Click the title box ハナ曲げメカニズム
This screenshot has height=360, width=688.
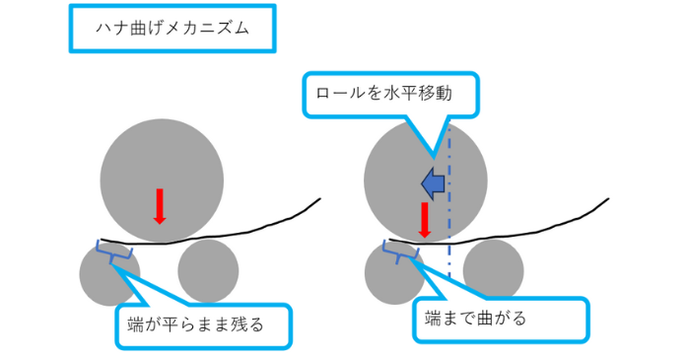tap(171, 29)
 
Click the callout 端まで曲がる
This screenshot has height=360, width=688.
tap(500, 319)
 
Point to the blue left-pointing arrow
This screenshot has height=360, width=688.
tap(431, 182)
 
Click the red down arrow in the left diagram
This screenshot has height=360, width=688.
tap(160, 205)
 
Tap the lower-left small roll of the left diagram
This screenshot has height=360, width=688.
tap(108, 274)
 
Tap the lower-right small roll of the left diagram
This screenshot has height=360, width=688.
tap(208, 270)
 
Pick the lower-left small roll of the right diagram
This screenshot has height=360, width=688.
tap(394, 273)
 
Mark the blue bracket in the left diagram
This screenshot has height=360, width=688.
tap(112, 252)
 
